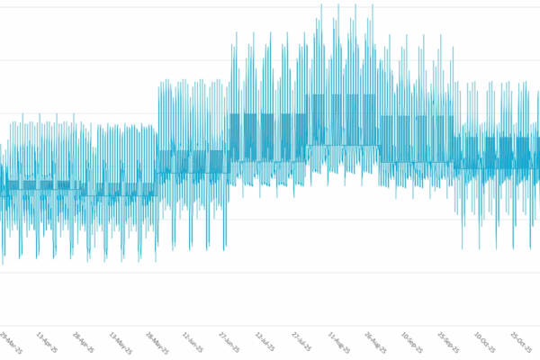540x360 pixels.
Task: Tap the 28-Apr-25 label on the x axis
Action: click(x=82, y=342)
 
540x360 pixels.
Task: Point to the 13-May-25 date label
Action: click(x=120, y=343)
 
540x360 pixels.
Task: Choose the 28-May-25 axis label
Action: click(x=156, y=343)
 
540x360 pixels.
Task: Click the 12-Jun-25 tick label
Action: click(x=193, y=343)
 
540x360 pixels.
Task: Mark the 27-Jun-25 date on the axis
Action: click(x=229, y=343)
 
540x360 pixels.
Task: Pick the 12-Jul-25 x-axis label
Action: click(x=265, y=343)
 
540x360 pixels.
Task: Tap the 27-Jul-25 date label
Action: click(x=301, y=343)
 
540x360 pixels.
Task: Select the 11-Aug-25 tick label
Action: click(x=338, y=343)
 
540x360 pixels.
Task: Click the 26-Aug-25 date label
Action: click(x=375, y=343)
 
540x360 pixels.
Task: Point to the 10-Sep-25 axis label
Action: click(x=411, y=343)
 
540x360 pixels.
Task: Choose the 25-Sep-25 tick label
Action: click(x=448, y=343)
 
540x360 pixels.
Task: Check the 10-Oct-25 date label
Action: click(x=484, y=343)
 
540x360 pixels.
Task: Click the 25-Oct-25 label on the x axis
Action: click(x=521, y=343)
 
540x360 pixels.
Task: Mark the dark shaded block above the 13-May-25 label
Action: click(x=118, y=189)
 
